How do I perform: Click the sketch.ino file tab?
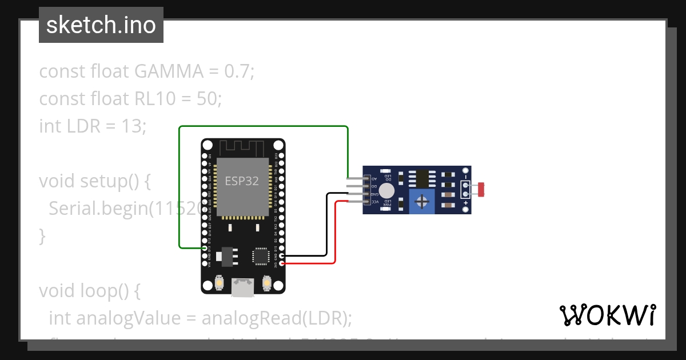101,25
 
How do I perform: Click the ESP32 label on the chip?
241,181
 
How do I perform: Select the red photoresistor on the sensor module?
481,186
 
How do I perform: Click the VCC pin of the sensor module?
367,201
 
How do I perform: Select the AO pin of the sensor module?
367,179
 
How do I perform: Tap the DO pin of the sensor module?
367,186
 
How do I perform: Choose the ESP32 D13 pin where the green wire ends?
205,248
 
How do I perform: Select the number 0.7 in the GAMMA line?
236,71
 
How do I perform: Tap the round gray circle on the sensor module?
388,190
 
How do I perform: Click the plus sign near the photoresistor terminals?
466,203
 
